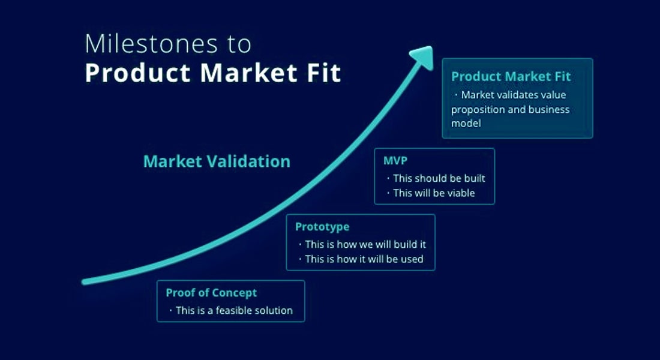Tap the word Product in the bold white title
tap(138, 73)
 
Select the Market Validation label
tap(217, 161)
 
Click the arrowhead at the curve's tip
tap(422, 57)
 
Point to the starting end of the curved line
tap(84, 281)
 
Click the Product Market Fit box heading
tap(511, 76)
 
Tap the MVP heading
tap(395, 160)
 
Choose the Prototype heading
tap(322, 227)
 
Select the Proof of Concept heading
tap(211, 293)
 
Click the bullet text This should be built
tap(439, 178)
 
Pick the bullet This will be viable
tap(434, 193)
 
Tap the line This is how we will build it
tap(365, 244)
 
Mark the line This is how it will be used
tap(364, 259)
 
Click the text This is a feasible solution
tap(234, 310)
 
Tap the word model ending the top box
tap(466, 124)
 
